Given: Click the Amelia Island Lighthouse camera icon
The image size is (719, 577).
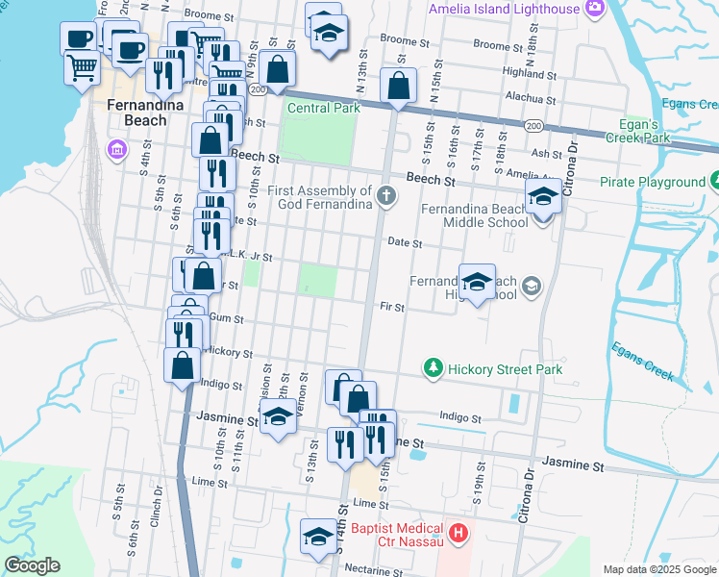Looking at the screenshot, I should coord(595,9).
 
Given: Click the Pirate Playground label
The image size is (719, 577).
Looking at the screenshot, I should coord(653,182).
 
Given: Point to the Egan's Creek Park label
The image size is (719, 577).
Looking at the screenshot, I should coord(642,132).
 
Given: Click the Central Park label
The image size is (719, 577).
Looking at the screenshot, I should coord(325,108).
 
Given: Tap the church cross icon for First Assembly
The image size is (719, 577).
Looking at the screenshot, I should coord(385,196).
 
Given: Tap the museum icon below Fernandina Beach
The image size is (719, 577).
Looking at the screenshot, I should coord(117,149).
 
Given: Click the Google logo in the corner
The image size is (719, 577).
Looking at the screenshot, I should coord(31,565).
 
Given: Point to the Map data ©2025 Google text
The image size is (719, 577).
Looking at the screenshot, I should coord(658,569).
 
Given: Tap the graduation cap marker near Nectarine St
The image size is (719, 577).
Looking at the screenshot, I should coord(318,537).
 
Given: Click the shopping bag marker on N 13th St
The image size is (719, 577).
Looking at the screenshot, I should coord(399,87).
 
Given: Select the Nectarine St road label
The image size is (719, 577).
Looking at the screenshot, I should coord(381,568).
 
